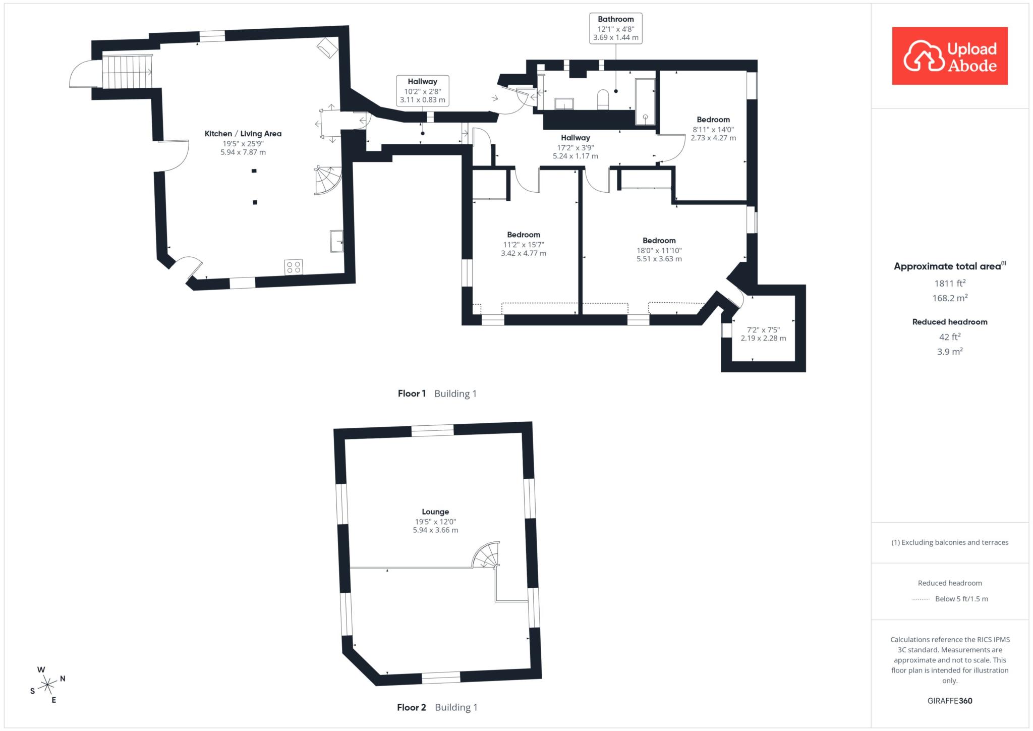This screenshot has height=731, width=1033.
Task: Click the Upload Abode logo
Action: click(x=950, y=55)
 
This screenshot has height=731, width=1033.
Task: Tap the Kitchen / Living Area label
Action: click(x=243, y=134)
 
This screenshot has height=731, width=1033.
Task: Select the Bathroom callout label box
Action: click(x=615, y=28)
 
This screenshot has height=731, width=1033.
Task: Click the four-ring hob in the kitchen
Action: click(x=294, y=267)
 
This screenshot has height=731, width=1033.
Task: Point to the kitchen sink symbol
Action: click(x=337, y=241)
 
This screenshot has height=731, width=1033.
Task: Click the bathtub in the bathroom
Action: click(x=645, y=101)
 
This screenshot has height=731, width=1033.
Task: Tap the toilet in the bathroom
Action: click(x=603, y=99)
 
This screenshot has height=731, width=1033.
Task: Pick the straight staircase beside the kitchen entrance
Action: click(x=127, y=72)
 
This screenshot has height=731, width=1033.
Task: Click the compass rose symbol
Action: click(x=47, y=685)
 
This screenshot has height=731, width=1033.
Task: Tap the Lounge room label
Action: click(x=435, y=512)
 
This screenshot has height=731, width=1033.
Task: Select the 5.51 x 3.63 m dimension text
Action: click(x=659, y=259)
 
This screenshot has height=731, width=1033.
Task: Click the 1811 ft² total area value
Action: click(x=950, y=283)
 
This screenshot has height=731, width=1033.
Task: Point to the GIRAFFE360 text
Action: click(x=950, y=701)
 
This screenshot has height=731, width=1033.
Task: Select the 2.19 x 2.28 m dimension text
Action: click(x=763, y=339)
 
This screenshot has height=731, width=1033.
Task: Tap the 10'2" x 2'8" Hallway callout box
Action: click(x=423, y=91)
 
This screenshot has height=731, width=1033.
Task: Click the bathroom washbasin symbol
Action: click(x=564, y=103)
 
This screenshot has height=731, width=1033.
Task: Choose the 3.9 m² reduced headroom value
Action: click(x=950, y=352)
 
